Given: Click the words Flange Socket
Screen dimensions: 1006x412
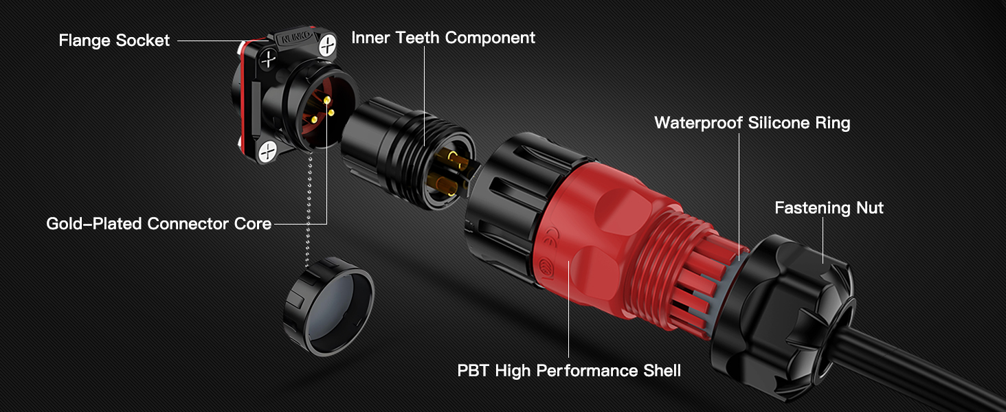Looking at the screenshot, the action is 114,41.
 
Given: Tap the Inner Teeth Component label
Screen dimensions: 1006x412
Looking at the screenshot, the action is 443,38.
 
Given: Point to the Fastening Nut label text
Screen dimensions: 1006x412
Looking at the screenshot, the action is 829,208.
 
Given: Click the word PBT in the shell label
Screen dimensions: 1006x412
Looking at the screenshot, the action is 473,371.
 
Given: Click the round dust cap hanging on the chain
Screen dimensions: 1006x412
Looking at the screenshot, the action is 328,306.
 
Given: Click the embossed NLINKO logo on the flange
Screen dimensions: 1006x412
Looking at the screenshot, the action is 295,39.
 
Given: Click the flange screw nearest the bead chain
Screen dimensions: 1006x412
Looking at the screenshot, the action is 268,152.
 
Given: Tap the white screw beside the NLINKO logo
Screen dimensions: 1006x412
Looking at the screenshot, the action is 327,45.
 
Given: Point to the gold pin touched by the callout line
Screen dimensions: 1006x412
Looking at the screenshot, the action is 327,100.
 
